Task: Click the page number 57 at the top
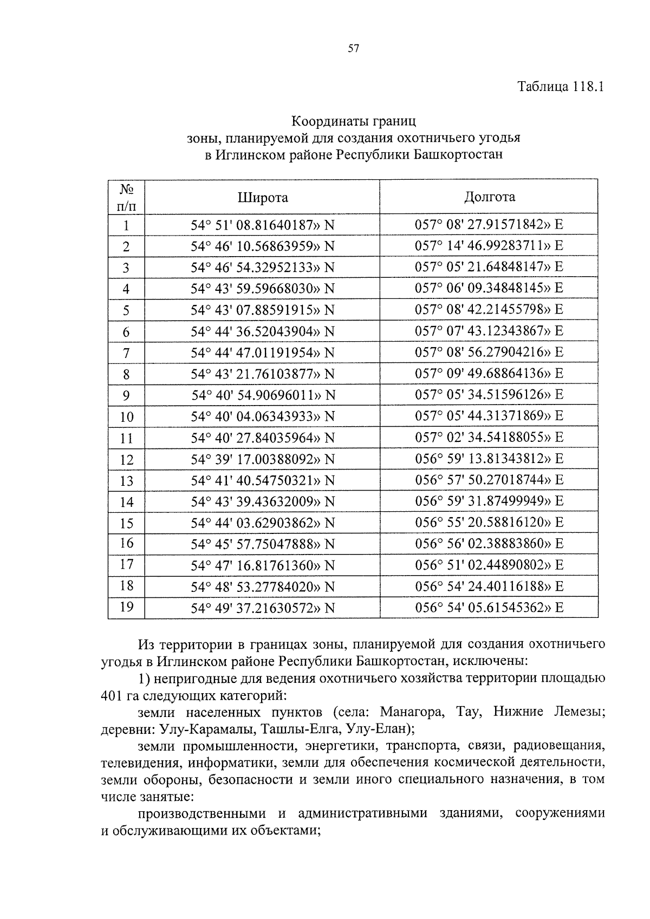[x=353, y=49]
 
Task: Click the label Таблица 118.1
[x=560, y=87]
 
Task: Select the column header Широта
[x=263, y=198]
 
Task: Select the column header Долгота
[x=489, y=197]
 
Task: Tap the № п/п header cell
[x=126, y=198]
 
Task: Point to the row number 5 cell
[x=126, y=310]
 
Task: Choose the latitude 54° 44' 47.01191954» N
[x=263, y=353]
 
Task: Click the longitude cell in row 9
[x=489, y=395]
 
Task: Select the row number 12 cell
[x=126, y=460]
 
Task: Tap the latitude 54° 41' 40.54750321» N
[x=263, y=480]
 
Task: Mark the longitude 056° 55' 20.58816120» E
[x=489, y=523]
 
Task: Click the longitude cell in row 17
[x=489, y=565]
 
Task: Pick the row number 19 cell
[x=126, y=607]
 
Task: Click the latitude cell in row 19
[x=263, y=608]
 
